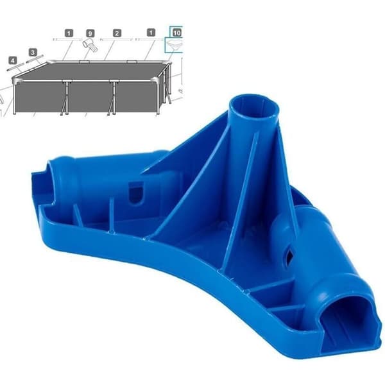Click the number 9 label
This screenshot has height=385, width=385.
tap(90, 33)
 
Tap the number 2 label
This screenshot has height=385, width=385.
tap(117, 33)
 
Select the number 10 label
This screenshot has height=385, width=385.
tap(177, 33)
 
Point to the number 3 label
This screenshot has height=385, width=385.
tap(33, 53)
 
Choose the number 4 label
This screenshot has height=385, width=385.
tap(13, 60)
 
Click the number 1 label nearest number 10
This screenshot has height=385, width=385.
tap(151, 33)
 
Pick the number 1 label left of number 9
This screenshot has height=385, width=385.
tap(69, 33)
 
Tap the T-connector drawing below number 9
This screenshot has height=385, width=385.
tap(90, 46)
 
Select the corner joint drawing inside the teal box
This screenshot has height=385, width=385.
tap(175, 45)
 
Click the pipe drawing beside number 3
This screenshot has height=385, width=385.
tap(35, 59)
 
